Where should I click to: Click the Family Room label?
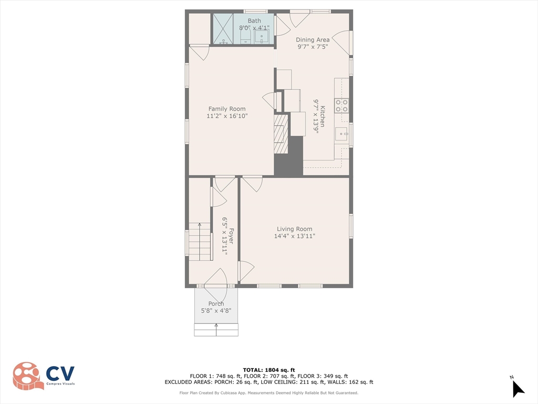click(x=226, y=109)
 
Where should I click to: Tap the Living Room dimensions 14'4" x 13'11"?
click(x=294, y=236)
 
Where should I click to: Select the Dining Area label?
click(x=313, y=39)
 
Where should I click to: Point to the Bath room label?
click(x=254, y=21)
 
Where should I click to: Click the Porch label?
click(x=216, y=304)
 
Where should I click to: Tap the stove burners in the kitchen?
click(x=342, y=105)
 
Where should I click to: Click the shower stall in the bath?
click(x=222, y=29)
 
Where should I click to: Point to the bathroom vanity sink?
click(x=262, y=36)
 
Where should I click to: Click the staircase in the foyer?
click(x=200, y=241)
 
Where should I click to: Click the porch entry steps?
click(x=216, y=330)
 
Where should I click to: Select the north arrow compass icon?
click(x=518, y=388)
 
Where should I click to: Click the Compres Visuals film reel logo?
click(x=28, y=376)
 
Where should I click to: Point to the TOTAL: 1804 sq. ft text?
click(x=268, y=370)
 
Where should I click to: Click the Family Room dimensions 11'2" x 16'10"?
click(x=226, y=116)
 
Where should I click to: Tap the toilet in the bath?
click(x=246, y=37)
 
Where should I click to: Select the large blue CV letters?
click(x=60, y=373)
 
